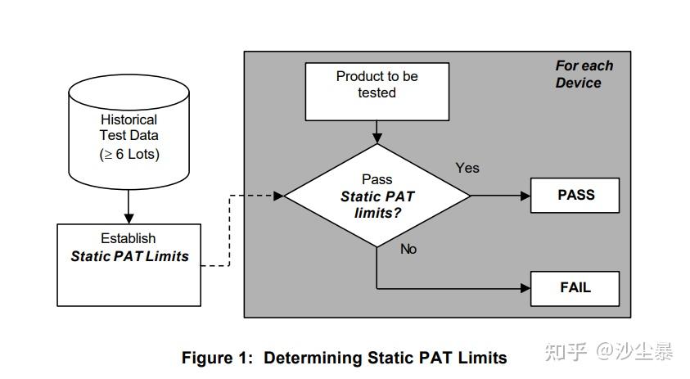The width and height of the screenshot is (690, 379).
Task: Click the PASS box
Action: click(x=575, y=196)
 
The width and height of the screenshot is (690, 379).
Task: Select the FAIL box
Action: click(x=575, y=288)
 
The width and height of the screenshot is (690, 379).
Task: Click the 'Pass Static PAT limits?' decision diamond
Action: click(x=377, y=196)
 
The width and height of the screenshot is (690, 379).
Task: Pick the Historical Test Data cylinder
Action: click(x=129, y=131)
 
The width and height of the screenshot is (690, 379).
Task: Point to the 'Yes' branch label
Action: click(x=467, y=168)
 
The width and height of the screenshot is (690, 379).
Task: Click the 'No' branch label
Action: click(x=408, y=249)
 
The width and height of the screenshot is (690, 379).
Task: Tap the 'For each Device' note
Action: click(x=584, y=74)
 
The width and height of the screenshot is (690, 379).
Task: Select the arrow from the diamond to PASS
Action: click(x=500, y=196)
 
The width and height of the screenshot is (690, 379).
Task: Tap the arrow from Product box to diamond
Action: click(x=377, y=131)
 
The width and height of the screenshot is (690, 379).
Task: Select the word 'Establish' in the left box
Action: click(x=129, y=238)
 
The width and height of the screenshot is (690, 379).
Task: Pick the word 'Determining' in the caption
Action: click(x=313, y=358)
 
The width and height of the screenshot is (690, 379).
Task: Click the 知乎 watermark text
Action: click(x=566, y=352)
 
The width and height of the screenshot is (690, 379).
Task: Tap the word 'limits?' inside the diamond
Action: click(x=377, y=212)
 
